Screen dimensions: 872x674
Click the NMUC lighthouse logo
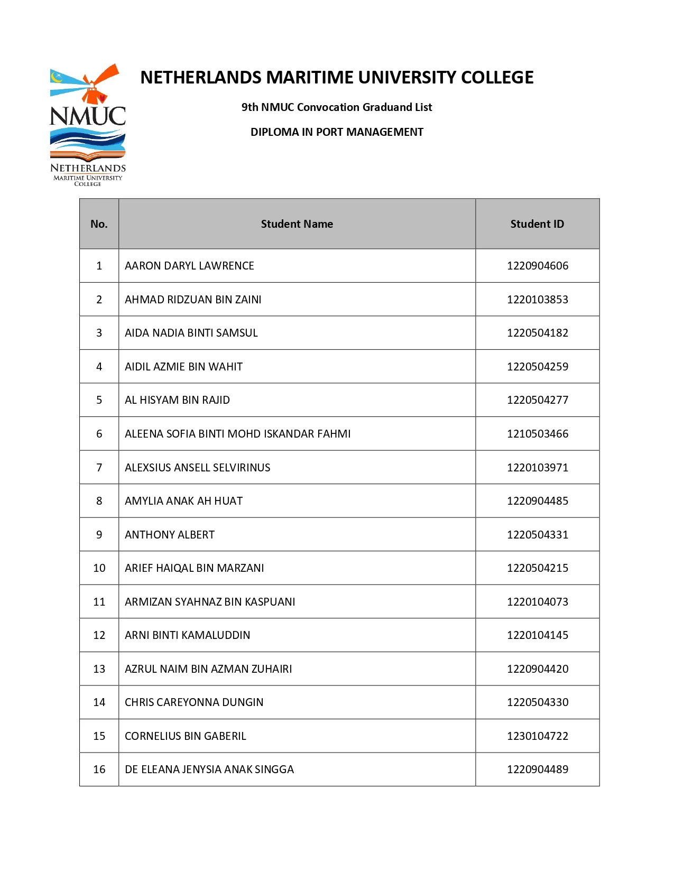(x=88, y=125)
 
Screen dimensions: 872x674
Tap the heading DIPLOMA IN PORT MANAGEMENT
(x=337, y=132)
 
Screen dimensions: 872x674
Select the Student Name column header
(x=297, y=224)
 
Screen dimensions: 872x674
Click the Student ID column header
(x=537, y=224)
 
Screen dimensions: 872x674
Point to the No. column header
(x=99, y=224)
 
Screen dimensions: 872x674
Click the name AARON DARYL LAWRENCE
(x=189, y=266)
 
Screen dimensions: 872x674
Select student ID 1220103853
(x=538, y=300)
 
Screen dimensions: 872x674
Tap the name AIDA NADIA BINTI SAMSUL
(x=191, y=333)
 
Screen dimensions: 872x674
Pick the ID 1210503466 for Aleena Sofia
(x=538, y=434)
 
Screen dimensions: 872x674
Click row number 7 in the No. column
(x=99, y=468)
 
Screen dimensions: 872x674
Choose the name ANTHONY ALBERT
(x=170, y=535)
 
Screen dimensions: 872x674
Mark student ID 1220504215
(x=538, y=568)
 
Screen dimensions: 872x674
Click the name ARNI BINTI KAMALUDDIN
(x=188, y=635)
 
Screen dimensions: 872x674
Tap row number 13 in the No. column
(x=99, y=669)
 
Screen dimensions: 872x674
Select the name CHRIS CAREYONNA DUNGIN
(x=194, y=702)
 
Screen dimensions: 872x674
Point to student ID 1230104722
(x=538, y=736)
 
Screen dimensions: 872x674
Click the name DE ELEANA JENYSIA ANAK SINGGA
(x=209, y=769)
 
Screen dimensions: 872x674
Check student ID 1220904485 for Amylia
(x=538, y=501)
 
